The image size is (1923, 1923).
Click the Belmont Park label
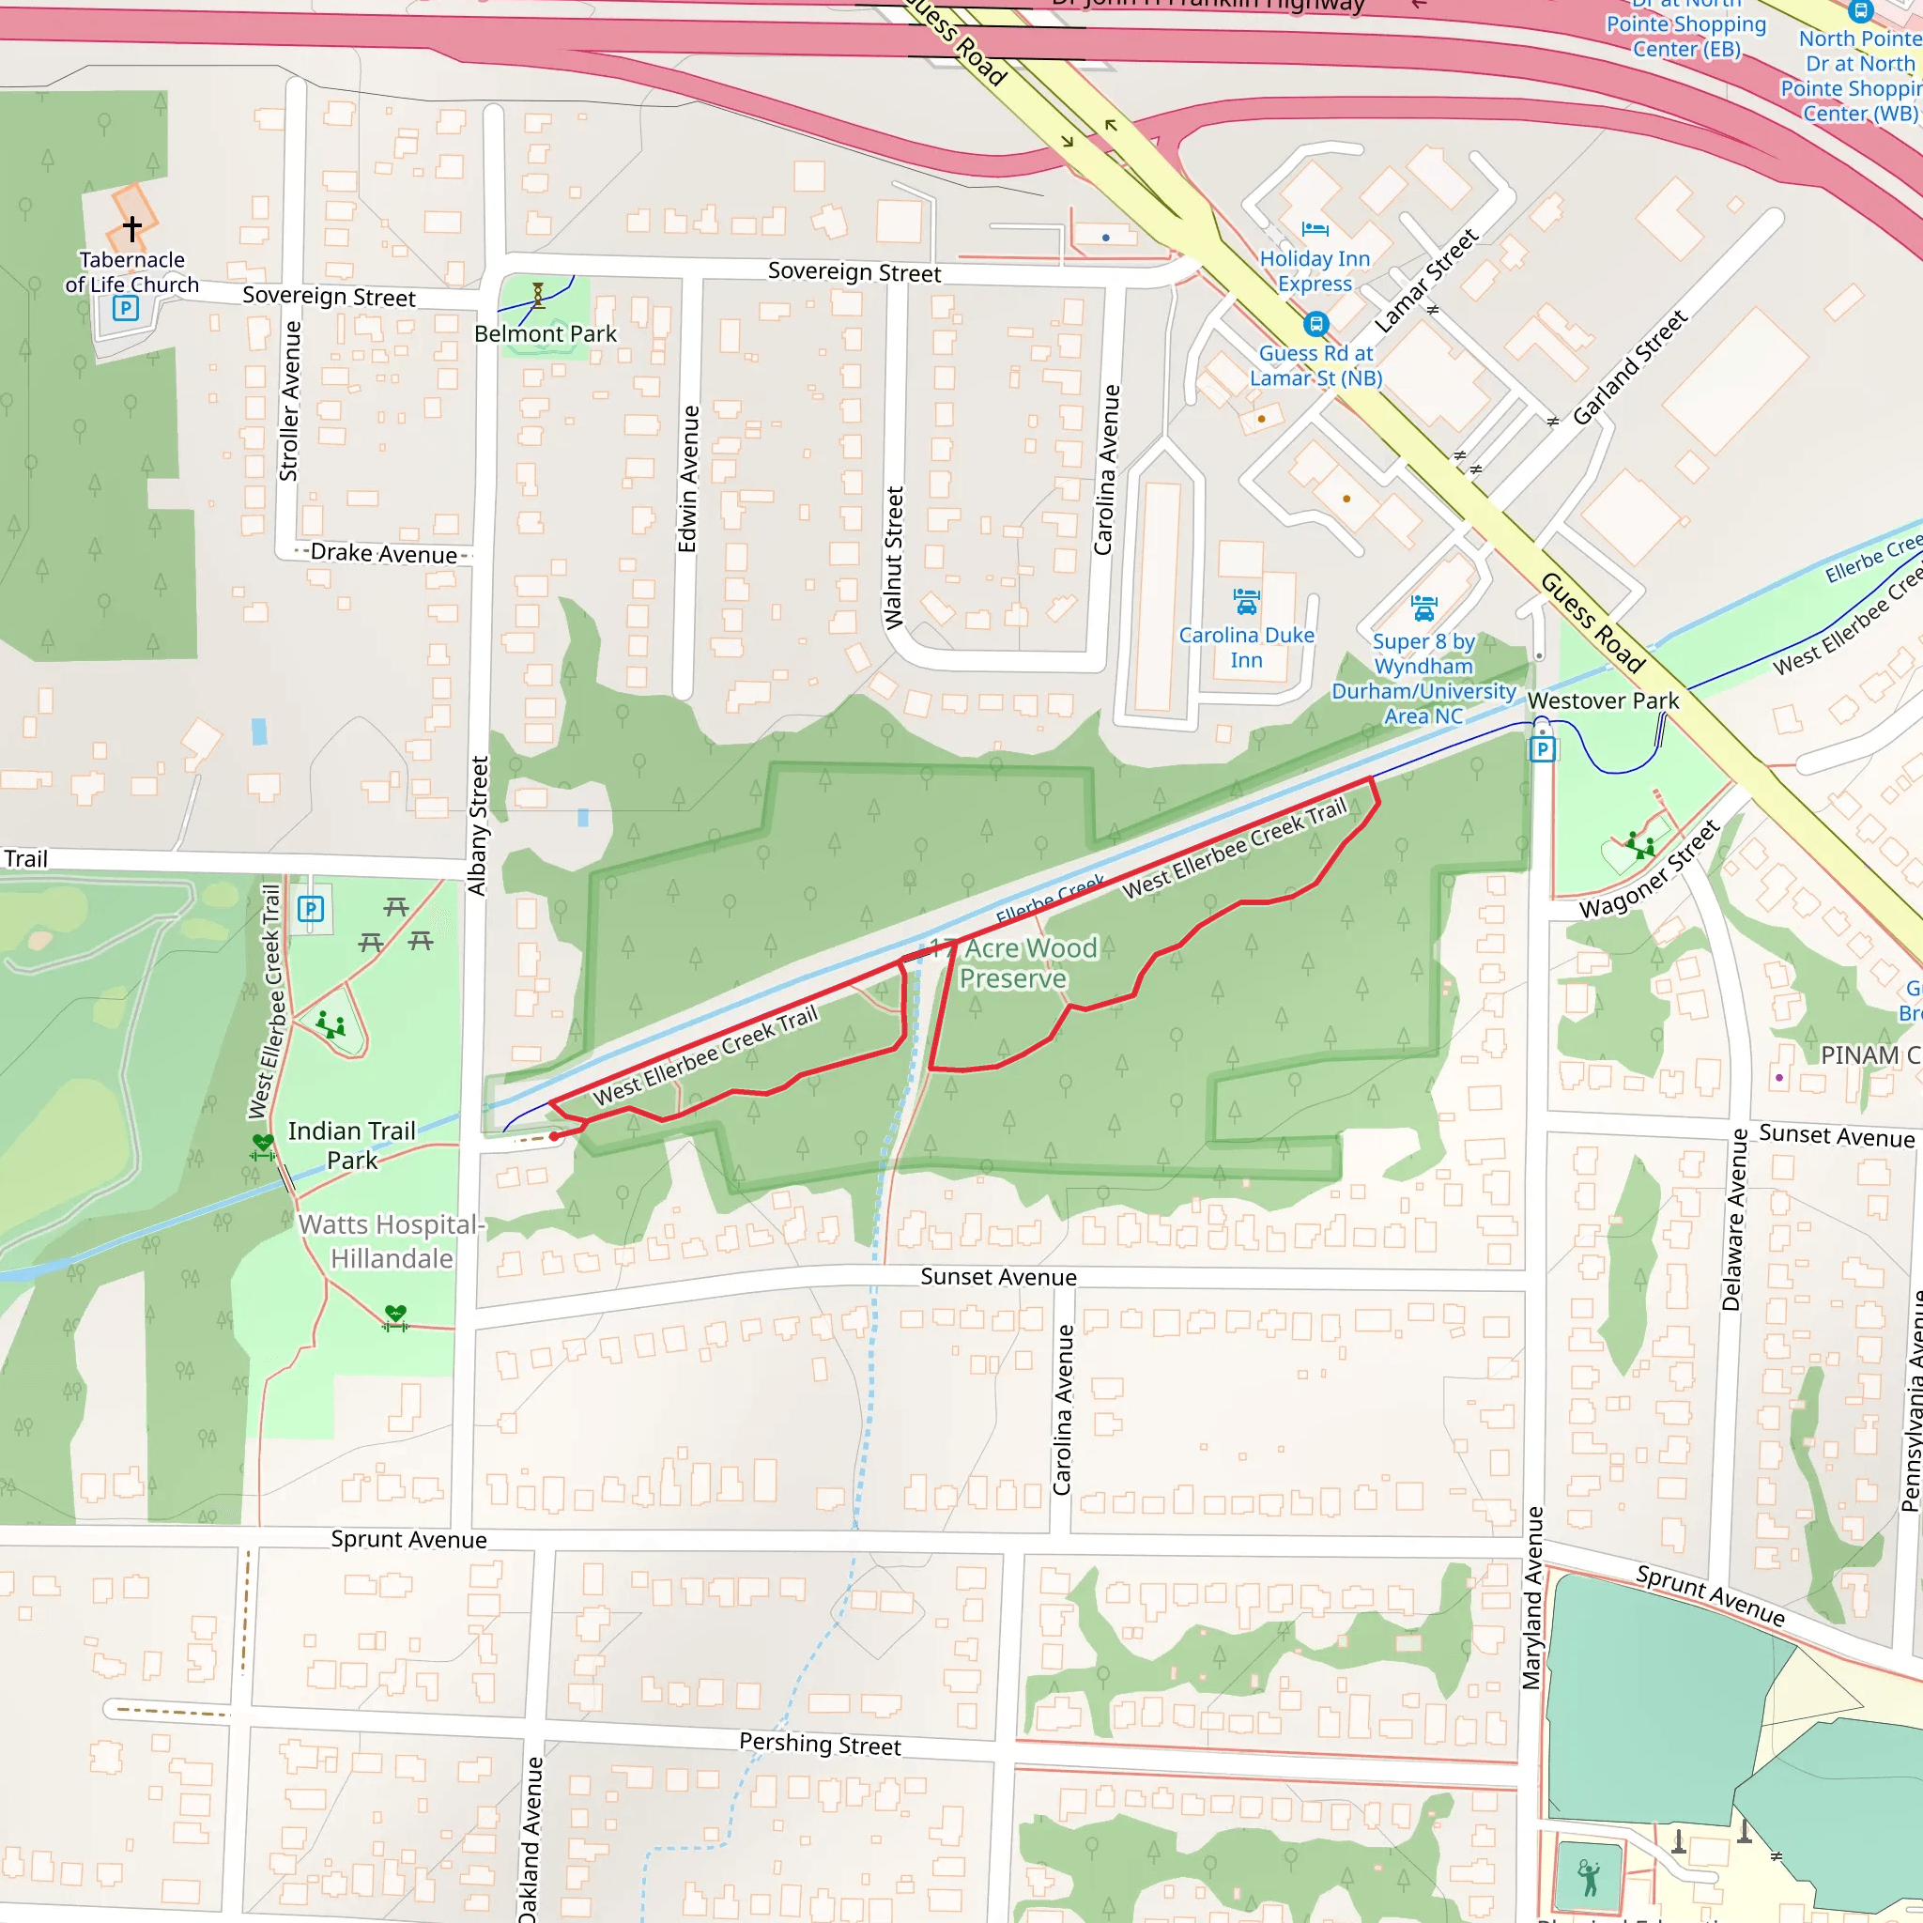coord(545,334)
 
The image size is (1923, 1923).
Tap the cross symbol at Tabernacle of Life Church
coord(132,228)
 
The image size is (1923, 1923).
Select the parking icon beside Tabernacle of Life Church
coord(126,308)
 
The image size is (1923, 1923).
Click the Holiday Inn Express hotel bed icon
coord(1315,230)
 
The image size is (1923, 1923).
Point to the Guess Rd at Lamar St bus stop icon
coord(1315,325)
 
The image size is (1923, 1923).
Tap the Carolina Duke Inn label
coord(1246,647)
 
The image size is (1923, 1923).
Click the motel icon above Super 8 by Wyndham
coord(1423,608)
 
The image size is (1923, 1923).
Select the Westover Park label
coord(1603,700)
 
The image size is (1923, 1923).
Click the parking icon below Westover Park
coord(1542,749)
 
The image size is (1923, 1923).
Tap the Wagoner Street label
coord(1649,869)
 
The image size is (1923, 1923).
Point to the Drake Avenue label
coord(383,553)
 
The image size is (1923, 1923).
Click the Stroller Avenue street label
coord(288,401)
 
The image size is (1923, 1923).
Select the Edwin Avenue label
coord(687,479)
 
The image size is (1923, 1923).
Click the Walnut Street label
coord(894,558)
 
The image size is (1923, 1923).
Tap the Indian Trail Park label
coord(351,1145)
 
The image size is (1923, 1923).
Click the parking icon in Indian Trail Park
coord(311,909)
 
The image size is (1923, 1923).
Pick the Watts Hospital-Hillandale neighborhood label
coord(392,1241)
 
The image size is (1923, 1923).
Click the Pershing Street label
coord(820,1744)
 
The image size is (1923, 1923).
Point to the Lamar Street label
coord(1425,281)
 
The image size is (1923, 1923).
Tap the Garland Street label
coord(1629,367)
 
